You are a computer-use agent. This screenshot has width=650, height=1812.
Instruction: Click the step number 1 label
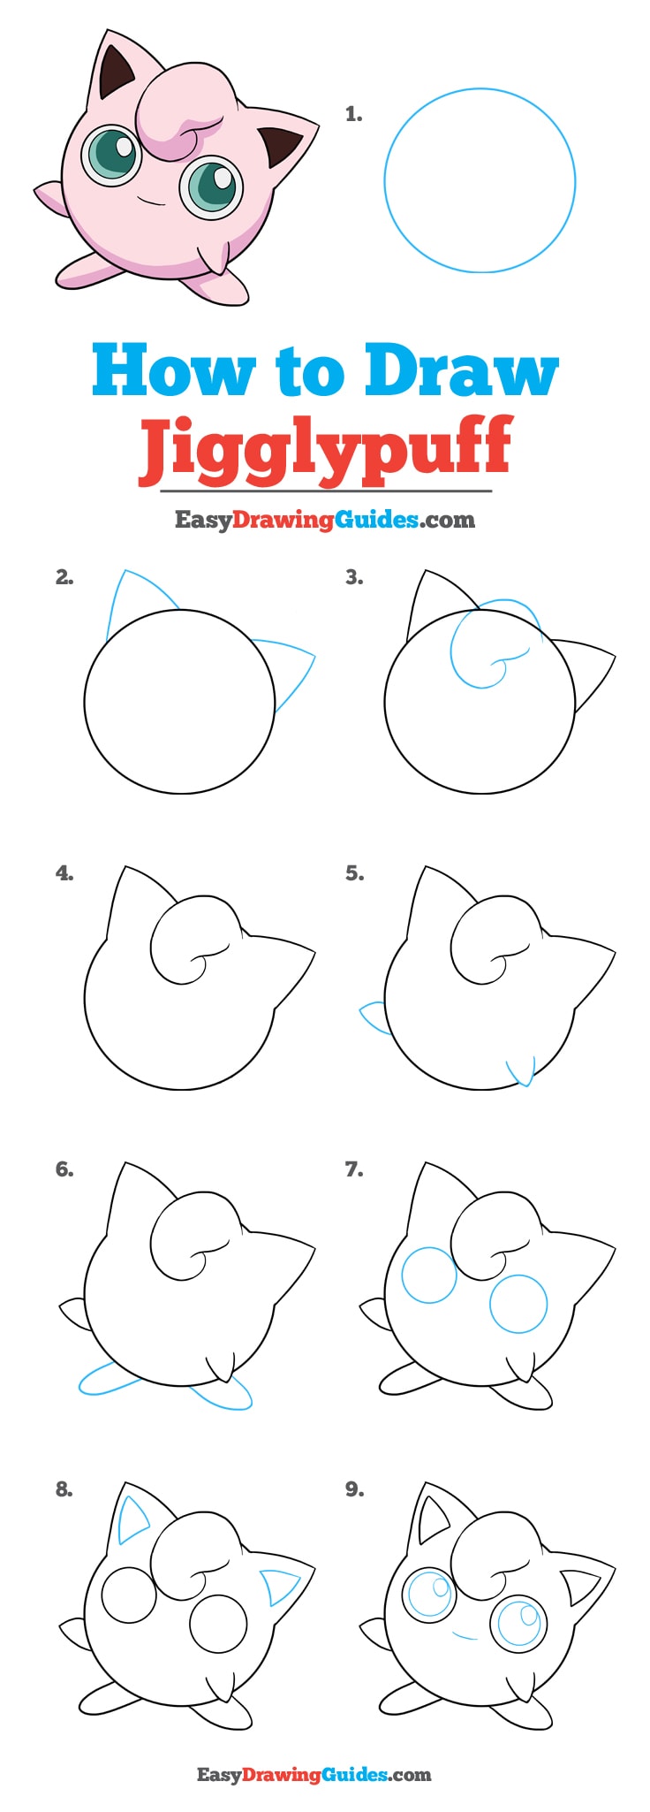(x=353, y=114)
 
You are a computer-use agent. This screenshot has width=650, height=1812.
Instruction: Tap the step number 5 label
(x=354, y=873)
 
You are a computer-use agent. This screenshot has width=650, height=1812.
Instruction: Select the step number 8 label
(x=64, y=1489)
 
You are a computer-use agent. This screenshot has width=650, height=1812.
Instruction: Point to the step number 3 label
(x=354, y=577)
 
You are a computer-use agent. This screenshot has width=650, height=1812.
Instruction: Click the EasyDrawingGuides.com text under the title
(x=325, y=520)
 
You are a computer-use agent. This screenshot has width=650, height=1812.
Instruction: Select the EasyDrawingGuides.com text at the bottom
(x=314, y=1774)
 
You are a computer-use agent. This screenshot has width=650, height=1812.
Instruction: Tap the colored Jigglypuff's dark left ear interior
(x=114, y=73)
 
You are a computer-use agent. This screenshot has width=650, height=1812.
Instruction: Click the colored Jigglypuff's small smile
(x=151, y=202)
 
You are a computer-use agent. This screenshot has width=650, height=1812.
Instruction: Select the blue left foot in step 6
(x=106, y=1380)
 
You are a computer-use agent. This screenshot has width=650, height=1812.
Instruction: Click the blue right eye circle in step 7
(x=518, y=1304)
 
